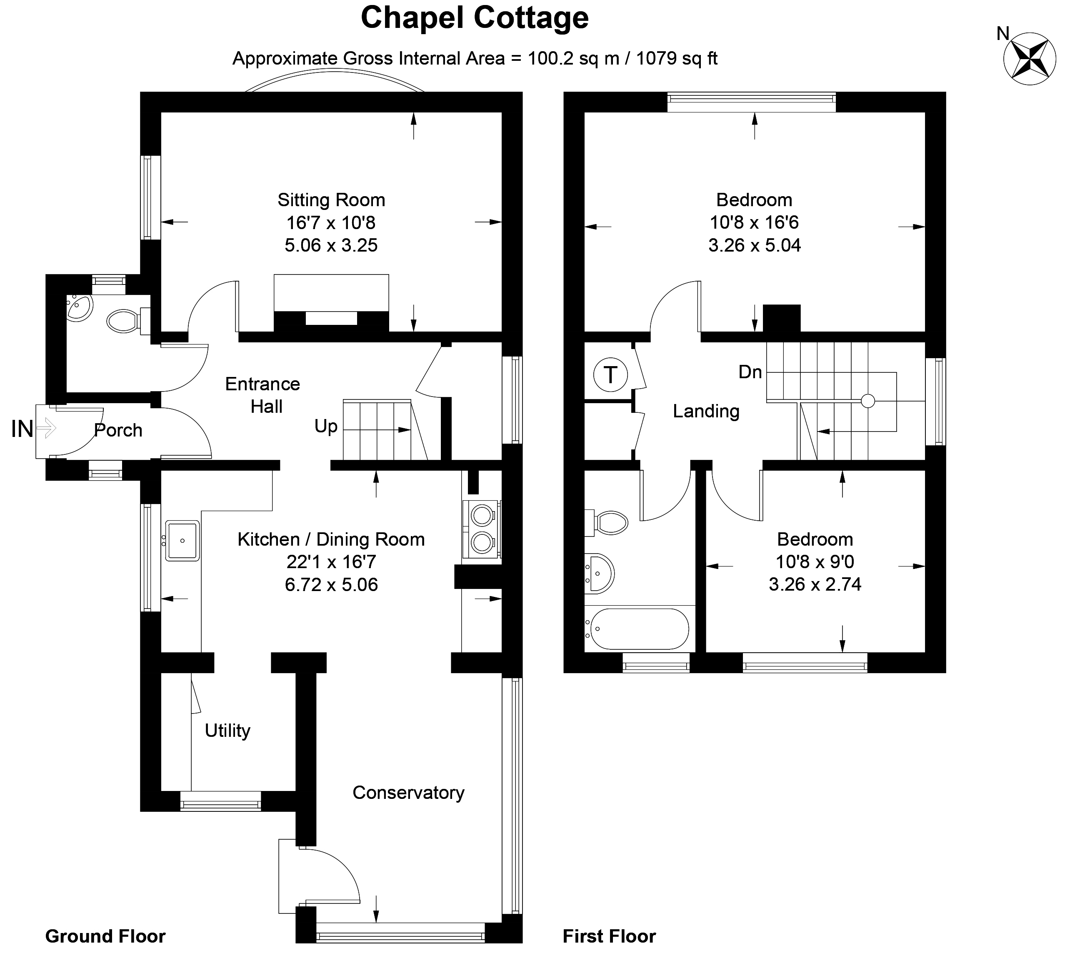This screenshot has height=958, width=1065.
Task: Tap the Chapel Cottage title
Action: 474,18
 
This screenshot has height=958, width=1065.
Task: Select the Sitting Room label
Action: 331,200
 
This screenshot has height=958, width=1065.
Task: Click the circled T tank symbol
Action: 610,375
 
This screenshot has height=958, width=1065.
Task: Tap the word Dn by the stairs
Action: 750,372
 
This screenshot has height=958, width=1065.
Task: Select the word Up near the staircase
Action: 325,427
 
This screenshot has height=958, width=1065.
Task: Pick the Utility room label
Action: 227,731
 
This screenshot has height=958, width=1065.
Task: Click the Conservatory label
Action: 408,793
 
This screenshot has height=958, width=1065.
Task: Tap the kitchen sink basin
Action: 182,541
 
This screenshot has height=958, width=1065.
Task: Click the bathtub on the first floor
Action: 639,629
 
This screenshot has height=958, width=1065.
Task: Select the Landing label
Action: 706,411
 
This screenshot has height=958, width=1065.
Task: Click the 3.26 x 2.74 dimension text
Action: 815,584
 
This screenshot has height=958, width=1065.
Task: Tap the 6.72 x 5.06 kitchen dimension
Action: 331,585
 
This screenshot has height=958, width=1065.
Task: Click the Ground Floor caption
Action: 105,936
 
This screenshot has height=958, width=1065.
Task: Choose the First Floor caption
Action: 609,936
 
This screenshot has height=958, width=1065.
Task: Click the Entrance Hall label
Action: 262,395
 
